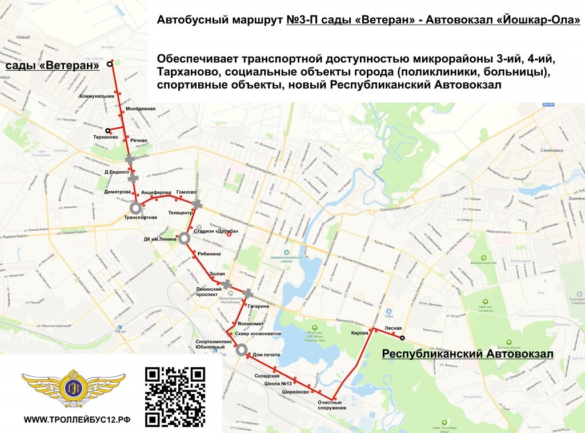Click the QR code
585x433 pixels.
175,396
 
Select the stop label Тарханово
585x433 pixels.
105,138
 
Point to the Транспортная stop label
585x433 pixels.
141,218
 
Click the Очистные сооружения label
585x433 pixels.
332,405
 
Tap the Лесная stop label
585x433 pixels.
394,328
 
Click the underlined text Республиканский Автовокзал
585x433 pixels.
467,355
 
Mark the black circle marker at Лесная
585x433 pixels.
402,337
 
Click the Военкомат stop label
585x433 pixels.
250,324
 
